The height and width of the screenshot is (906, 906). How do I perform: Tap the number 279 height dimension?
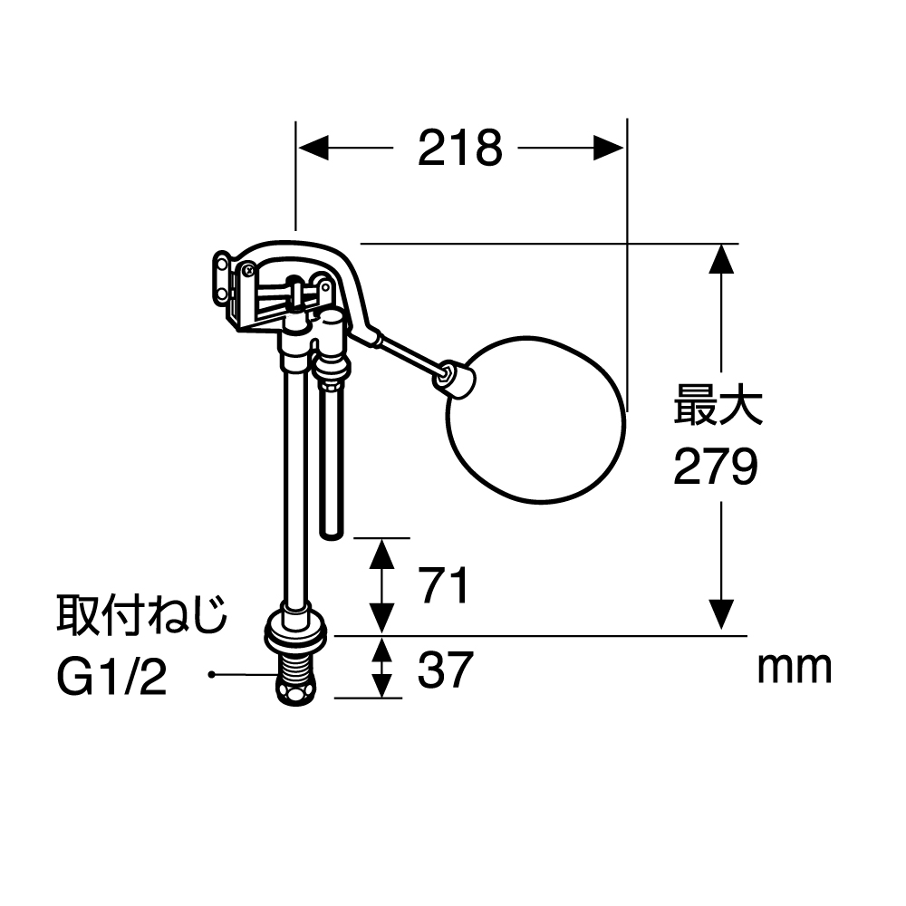click(x=716, y=467)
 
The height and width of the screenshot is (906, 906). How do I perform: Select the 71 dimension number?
click(x=444, y=585)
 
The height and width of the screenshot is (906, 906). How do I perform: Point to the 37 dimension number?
click(x=445, y=670)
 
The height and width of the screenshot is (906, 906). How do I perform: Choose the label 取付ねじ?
click(x=142, y=615)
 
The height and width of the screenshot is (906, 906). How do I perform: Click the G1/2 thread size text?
click(x=111, y=676)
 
